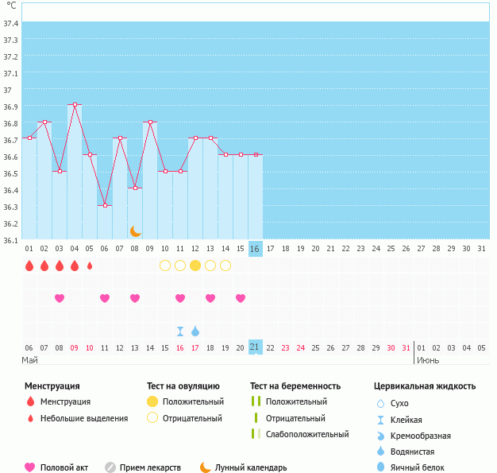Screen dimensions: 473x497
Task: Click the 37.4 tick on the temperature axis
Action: point(11,24)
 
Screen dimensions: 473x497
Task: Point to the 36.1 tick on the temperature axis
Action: point(11,240)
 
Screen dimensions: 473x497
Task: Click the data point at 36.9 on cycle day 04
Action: point(75,105)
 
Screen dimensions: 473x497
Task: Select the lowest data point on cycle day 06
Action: point(105,205)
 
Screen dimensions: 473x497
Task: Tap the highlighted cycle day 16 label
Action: point(255,249)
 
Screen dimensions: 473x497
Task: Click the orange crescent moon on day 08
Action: point(136,231)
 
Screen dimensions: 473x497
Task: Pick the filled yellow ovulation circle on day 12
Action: point(195,266)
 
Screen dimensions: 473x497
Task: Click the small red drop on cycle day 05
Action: point(90,266)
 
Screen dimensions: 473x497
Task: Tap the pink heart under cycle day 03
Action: point(60,298)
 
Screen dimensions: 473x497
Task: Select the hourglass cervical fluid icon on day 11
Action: point(180,331)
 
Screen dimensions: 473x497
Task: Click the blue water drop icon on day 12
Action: point(195,331)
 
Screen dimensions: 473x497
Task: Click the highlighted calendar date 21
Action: point(255,347)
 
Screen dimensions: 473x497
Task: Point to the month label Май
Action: point(30,360)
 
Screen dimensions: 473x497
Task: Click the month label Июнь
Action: point(428,360)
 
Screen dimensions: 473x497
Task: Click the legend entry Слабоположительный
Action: point(307,434)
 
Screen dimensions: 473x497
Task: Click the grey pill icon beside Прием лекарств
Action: point(110,467)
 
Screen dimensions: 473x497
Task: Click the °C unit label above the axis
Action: point(11,6)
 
